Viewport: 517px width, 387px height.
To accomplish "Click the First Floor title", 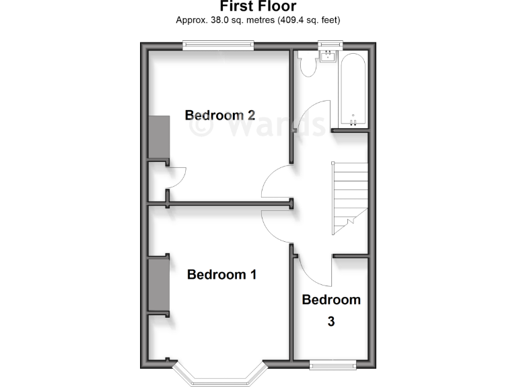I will coord(258,7).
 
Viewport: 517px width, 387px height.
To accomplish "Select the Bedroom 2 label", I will coord(219,115).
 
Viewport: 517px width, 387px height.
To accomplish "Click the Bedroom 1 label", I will coord(221,274).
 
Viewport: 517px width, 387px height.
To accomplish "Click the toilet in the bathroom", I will coord(308,64).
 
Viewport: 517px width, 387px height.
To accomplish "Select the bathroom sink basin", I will coord(330,56).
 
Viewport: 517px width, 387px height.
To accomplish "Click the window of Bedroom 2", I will coord(218,46).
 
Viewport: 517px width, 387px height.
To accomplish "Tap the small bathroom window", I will coord(330,45).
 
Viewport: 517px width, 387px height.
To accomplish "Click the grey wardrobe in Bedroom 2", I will coord(159,137).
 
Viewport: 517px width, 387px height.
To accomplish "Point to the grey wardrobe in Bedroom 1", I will coord(159,284).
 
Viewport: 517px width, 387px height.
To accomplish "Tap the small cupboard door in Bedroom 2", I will coord(178,178).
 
